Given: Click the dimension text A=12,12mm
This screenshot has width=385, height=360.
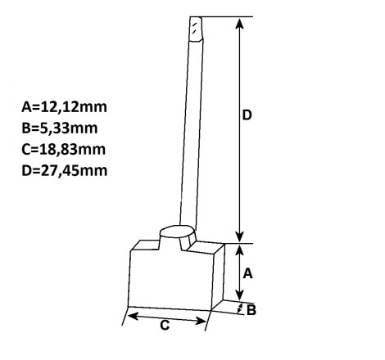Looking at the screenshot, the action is [64, 107].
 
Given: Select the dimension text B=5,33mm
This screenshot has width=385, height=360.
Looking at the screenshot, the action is [60, 128].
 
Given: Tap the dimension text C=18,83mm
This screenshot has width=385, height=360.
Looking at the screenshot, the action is [64, 150].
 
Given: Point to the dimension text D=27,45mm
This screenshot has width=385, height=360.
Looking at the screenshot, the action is [65, 171].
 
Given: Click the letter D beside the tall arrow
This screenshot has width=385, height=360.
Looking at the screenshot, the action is [247, 115].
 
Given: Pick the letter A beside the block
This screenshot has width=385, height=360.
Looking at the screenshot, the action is [247, 273].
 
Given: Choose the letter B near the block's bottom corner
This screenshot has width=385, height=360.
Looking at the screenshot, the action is [251, 310].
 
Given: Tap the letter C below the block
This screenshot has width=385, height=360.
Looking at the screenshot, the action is [165, 325].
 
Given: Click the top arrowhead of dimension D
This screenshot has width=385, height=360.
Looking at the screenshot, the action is [239, 24].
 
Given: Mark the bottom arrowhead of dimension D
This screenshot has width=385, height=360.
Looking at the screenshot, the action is [239, 236].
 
